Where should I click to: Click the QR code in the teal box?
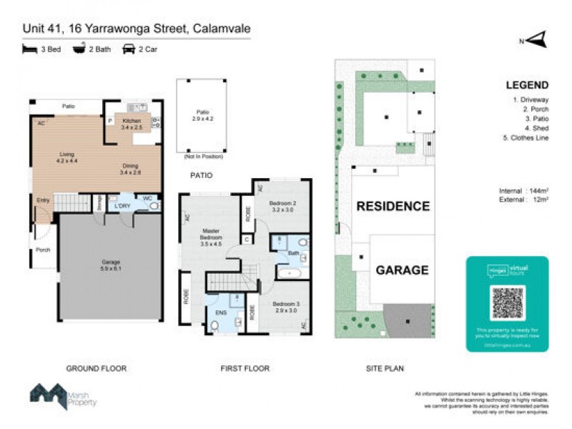pos(508,302)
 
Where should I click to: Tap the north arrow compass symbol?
pos(537,40)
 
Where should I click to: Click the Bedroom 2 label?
pos(282,207)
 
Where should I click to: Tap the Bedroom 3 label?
pos(285,309)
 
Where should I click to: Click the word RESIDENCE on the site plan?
pos(393,207)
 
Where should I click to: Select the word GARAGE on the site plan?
pos(402,270)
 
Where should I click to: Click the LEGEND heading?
pos(527,85)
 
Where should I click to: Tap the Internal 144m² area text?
pos(523,191)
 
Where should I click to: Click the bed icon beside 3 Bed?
pos(29,49)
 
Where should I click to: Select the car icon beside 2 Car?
pos(129,49)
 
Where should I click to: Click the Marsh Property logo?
pos(63,396)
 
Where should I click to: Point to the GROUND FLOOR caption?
pos(96,369)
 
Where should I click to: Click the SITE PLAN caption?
pos(385,369)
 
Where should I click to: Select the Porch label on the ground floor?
pos(43,250)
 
